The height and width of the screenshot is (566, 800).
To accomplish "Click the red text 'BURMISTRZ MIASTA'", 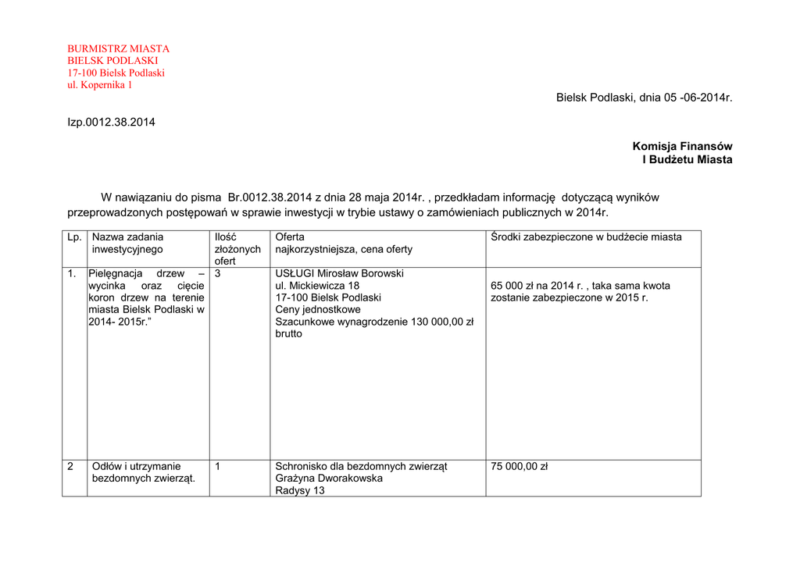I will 118,48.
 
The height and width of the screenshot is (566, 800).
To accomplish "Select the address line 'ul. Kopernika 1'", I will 100,85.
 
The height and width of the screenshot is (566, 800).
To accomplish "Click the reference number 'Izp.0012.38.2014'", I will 111,122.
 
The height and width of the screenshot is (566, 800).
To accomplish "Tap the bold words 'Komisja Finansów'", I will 682,146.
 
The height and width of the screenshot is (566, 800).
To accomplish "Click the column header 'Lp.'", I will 74,237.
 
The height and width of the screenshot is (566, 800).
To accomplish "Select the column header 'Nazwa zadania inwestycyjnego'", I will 127,243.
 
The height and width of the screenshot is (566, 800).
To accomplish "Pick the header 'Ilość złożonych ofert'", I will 237,248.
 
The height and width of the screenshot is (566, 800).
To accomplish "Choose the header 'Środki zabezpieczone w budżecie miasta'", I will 586,237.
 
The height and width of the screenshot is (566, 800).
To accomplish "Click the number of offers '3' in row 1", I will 218,274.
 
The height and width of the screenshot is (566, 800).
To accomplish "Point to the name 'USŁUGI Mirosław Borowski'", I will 339,274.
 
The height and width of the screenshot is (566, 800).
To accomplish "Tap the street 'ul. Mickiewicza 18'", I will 317,286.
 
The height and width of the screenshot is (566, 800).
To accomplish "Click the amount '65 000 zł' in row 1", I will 515,286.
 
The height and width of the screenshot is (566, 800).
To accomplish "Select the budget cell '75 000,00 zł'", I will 519,466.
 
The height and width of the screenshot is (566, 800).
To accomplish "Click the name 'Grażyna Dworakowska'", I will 329,478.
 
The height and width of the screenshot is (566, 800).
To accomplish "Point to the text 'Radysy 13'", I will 300,490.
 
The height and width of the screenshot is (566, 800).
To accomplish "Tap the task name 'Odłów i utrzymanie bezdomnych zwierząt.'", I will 143,472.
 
